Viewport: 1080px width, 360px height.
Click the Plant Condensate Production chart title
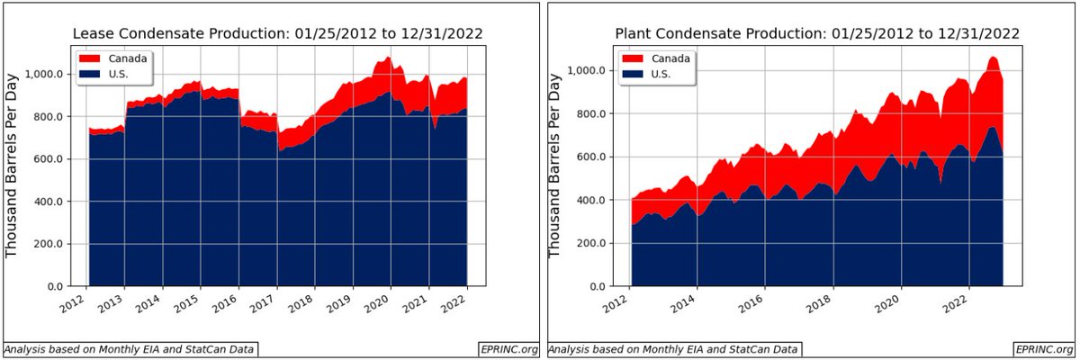817,33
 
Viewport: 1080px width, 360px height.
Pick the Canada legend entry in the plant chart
657,58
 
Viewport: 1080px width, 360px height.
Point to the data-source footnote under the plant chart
675,348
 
